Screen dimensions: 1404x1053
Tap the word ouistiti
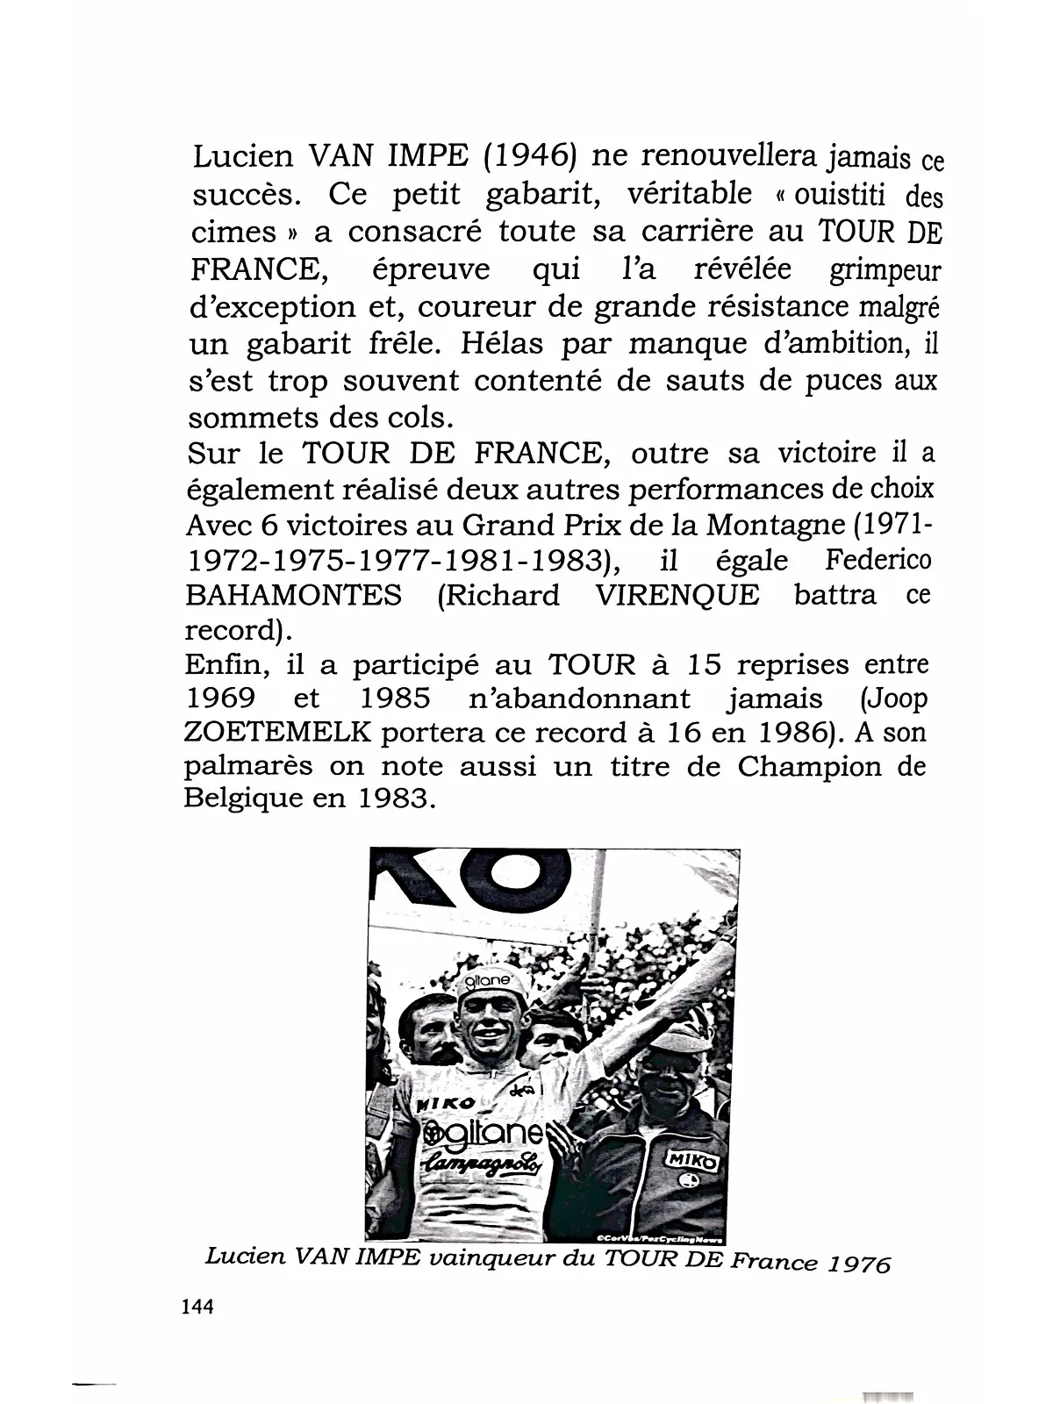(x=839, y=193)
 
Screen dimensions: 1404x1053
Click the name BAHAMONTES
(x=294, y=595)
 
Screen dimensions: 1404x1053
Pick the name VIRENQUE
(x=677, y=595)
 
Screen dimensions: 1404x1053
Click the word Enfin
(x=226, y=664)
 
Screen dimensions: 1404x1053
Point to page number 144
(x=197, y=1307)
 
